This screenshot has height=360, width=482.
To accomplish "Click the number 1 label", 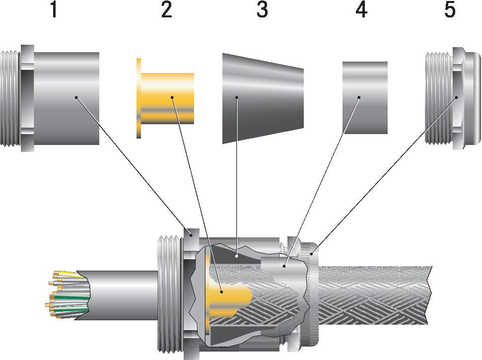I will pos(54,10).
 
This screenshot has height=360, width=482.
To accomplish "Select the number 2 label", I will pos(166,10).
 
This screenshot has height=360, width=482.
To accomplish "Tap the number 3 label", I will pos(262,10).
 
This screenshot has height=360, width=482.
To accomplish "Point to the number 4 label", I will pos(361,10).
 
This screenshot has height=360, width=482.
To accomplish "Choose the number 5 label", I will pos(450,10).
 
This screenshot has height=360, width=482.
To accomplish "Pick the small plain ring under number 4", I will pos(365,97).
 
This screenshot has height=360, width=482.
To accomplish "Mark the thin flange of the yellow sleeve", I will pos(138,98).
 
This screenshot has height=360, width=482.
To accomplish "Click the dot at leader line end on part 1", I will pos(76,97).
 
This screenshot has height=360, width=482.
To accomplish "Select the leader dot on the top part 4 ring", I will pos(359,97).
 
